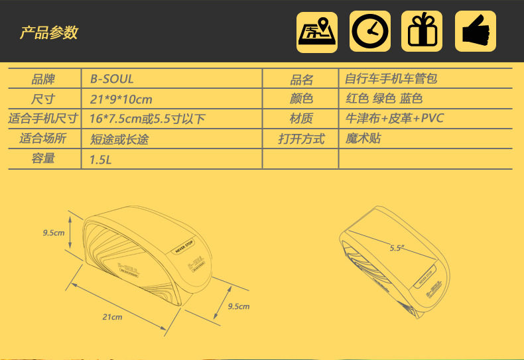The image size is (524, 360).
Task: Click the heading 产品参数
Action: point(48,32)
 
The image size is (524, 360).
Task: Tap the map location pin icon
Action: point(316,31)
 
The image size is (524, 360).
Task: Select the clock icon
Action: point(370,31)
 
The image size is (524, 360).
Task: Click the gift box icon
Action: point(423,31)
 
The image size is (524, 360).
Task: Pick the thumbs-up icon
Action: point(476,31)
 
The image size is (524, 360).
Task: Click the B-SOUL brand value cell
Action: point(111,79)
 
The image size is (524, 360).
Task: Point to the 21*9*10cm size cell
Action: point(121,99)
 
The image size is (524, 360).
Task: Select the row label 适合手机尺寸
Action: point(43,119)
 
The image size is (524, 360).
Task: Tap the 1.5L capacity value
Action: point(101,159)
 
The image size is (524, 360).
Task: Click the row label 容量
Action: point(43,159)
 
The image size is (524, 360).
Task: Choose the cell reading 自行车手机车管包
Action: point(391,79)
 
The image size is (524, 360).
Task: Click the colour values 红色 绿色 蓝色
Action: point(384,99)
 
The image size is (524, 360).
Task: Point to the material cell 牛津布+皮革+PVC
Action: point(395,119)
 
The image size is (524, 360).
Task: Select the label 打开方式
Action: point(301,139)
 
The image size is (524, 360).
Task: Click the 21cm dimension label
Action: point(112,317)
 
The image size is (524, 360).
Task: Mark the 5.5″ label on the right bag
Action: point(397,248)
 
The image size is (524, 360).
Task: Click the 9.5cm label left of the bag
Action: point(53,233)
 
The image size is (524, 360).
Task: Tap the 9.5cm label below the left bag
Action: point(238,306)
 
